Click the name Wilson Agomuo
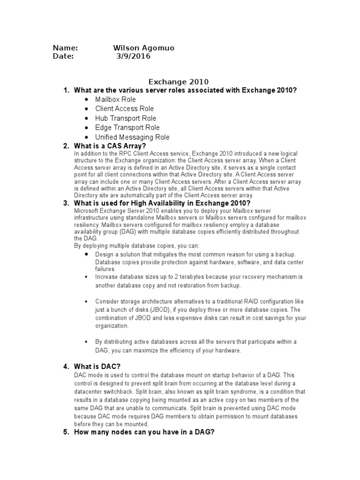[x=144, y=48]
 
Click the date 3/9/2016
[x=134, y=56]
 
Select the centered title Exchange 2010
[x=179, y=82]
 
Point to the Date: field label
[x=63, y=56]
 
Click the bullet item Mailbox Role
[x=115, y=99]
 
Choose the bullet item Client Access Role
[x=124, y=109]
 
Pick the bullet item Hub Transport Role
[x=126, y=118]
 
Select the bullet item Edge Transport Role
[x=127, y=127]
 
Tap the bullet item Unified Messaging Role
[x=132, y=137]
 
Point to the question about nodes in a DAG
[x=144, y=432]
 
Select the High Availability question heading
[x=163, y=203]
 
